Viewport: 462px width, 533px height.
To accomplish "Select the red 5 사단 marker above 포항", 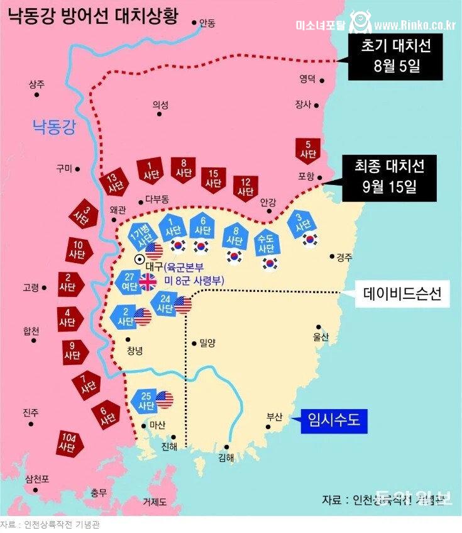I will coord(308,149).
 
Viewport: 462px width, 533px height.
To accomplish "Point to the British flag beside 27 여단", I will coord(148,282).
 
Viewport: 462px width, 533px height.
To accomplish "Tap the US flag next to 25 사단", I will coord(165,399).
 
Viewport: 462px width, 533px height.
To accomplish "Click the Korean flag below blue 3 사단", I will coord(309,238).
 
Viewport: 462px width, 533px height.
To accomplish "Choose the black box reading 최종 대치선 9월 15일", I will coord(388,177).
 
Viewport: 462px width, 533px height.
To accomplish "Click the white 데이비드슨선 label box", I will coord(402,293).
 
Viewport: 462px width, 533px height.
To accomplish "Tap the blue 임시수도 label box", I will coord(333,420).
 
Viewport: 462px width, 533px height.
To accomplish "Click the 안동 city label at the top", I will coord(207,23).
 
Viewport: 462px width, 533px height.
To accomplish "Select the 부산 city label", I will coord(275,417).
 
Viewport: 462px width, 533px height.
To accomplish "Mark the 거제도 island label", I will coord(155,502).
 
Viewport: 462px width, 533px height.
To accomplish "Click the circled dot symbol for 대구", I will coord(140,259).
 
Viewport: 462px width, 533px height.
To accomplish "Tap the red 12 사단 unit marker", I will coord(245,186).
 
